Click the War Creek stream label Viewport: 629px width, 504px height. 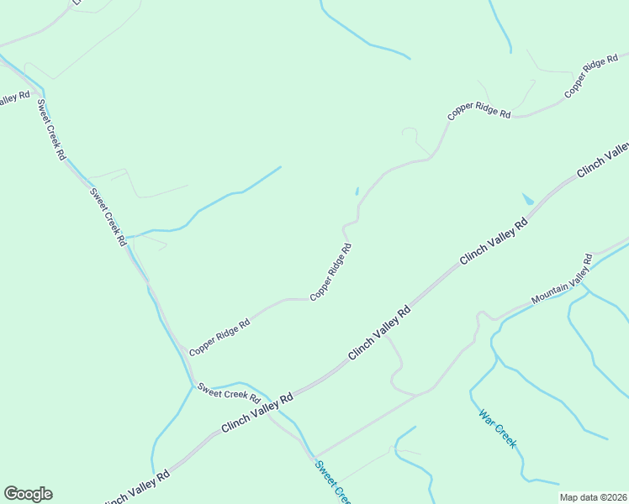coord(497,428)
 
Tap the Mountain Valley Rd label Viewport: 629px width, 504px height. coord(562,281)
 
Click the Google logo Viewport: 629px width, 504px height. coord(28,494)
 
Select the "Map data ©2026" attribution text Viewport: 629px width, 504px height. coord(594,497)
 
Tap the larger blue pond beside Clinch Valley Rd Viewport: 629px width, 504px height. coord(527,200)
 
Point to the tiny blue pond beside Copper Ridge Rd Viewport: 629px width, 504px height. coord(357,191)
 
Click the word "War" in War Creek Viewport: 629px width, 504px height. coord(486,417)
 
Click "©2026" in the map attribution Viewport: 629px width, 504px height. coord(610,497)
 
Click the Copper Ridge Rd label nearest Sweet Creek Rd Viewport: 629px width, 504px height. coord(219,337)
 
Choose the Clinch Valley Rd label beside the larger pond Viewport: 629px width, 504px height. coord(494,241)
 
